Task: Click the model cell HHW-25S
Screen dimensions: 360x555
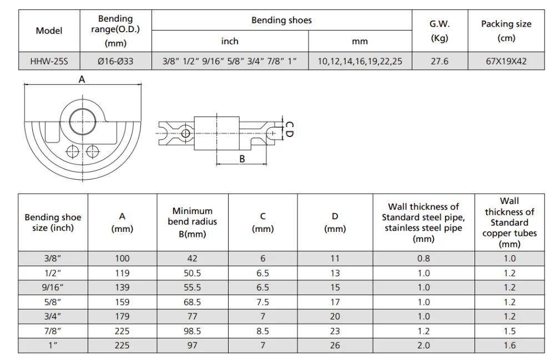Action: click(49, 62)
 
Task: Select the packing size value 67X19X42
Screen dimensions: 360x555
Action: click(506, 62)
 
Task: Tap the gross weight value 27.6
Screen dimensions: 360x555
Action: click(439, 62)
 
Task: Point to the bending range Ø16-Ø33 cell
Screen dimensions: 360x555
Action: click(115, 62)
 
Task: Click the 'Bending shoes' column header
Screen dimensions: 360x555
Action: click(281, 21)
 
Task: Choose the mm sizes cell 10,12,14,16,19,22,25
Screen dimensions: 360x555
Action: click(360, 62)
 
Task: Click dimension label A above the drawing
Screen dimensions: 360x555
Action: click(82, 80)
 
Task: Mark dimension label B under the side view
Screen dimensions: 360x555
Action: click(242, 159)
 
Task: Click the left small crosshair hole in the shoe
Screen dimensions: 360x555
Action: click(71, 150)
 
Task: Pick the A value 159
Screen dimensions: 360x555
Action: click(122, 302)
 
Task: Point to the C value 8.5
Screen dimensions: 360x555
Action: click(263, 331)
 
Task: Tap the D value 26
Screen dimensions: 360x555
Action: click(335, 346)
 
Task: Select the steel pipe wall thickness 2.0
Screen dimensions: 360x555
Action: click(424, 346)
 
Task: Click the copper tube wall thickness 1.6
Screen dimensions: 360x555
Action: click(509, 346)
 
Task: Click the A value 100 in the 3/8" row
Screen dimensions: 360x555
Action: click(122, 258)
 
